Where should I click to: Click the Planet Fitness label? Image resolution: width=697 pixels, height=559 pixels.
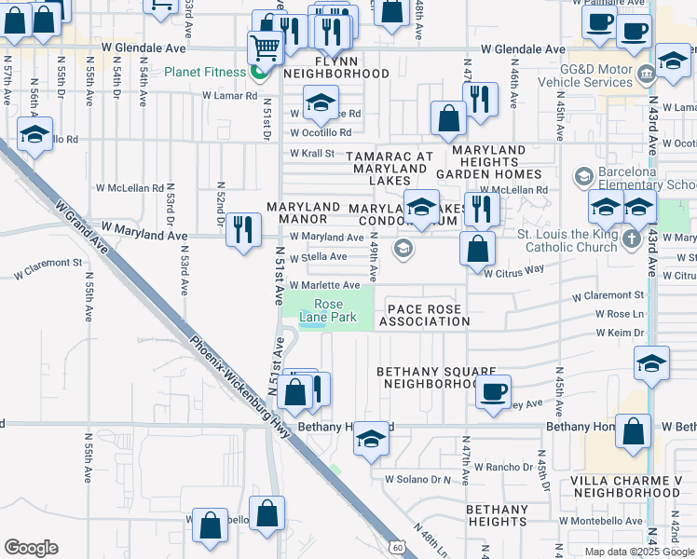(205, 72)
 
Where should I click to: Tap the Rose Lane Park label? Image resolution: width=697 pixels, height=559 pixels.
(328, 311)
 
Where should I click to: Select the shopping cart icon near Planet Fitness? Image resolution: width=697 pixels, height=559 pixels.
(266, 47)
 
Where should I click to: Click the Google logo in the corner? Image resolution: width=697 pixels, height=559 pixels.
(31, 548)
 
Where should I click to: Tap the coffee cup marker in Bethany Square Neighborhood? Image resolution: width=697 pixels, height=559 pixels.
(493, 390)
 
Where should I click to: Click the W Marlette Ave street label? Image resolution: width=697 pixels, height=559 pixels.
(324, 285)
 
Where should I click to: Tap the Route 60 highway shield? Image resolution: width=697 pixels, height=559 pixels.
(398, 547)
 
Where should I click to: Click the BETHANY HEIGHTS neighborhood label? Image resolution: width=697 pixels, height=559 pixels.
(497, 516)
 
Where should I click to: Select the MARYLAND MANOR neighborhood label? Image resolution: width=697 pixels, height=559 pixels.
(304, 212)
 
